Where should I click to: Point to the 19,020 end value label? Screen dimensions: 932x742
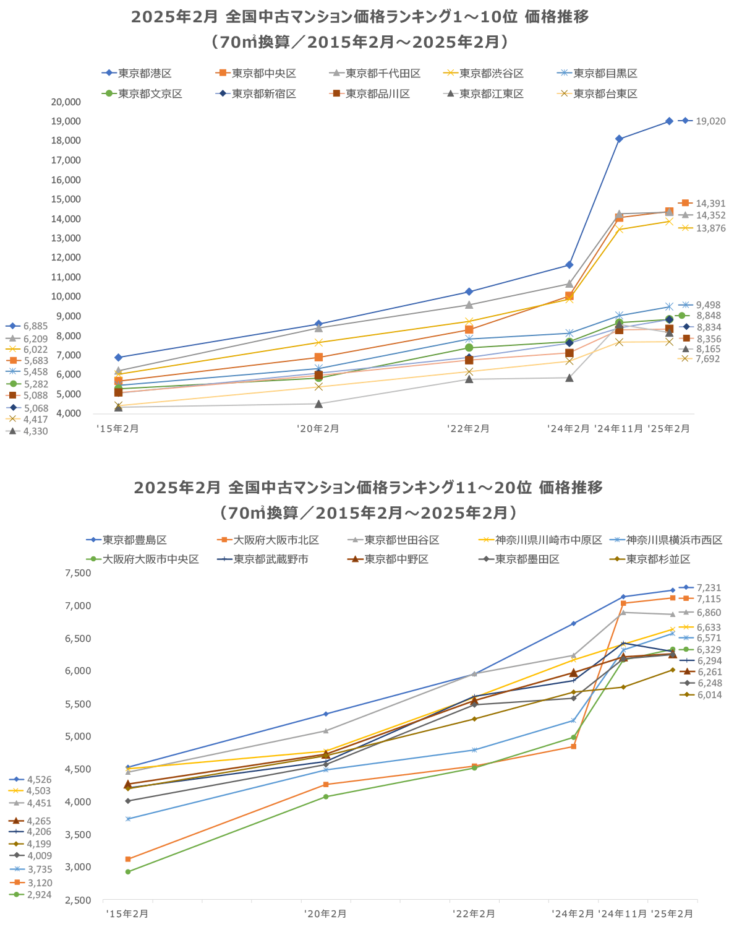coord(710,121)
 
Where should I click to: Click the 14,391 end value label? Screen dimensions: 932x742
coord(710,204)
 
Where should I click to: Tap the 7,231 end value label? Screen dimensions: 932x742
coord(709,588)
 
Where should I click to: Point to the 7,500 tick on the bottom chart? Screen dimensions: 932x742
coord(78,573)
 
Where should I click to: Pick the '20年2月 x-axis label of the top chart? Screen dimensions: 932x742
coord(318,428)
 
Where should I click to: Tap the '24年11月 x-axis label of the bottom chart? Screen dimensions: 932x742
coord(623,913)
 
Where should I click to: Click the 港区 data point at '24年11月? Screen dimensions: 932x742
coord(619,139)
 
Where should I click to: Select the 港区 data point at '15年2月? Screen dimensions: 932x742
coord(118,357)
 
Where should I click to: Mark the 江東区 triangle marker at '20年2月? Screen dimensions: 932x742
coord(318,403)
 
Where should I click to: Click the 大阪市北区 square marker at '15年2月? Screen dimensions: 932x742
coord(128,859)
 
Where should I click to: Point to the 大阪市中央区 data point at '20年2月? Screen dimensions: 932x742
coord(326,796)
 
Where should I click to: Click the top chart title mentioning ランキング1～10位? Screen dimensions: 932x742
coord(360,17)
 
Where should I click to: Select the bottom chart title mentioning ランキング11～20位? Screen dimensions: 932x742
coord(368,488)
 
